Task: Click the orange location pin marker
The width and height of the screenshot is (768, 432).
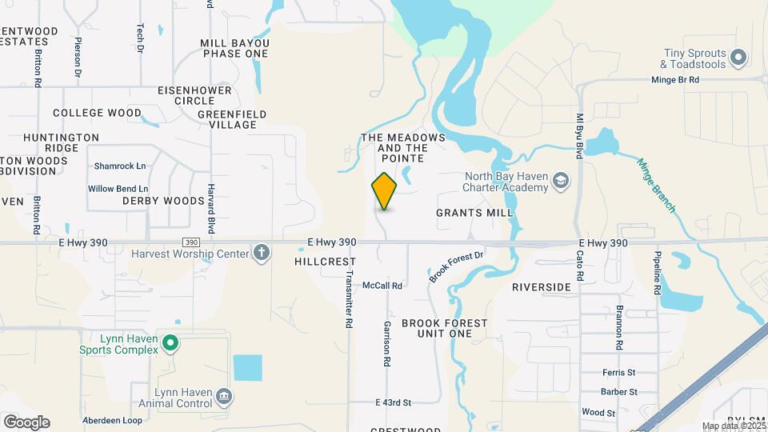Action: pyautogui.click(x=384, y=190)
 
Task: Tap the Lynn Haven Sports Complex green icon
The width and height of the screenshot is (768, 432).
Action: pyautogui.click(x=170, y=343)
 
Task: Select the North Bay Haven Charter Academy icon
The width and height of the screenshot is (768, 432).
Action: pyautogui.click(x=559, y=182)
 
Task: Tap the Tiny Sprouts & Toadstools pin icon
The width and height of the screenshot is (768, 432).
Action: pyautogui.click(x=738, y=58)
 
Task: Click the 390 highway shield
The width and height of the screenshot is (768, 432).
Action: pyautogui.click(x=190, y=242)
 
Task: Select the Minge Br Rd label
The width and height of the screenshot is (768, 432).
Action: pyautogui.click(x=674, y=80)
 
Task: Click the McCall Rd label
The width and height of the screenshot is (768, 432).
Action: pyautogui.click(x=382, y=285)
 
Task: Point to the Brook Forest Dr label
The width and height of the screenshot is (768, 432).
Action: pyautogui.click(x=457, y=266)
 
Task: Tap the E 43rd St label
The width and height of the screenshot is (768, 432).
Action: pyautogui.click(x=393, y=402)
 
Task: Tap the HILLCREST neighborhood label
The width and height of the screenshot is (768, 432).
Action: pyautogui.click(x=324, y=262)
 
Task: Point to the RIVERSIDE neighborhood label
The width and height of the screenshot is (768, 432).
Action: pyautogui.click(x=542, y=286)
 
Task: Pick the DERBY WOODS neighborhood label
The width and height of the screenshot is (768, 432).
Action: pyautogui.click(x=163, y=201)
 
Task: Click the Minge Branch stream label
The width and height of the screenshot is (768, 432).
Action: pyautogui.click(x=657, y=186)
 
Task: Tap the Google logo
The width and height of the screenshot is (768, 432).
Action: pyautogui.click(x=26, y=422)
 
